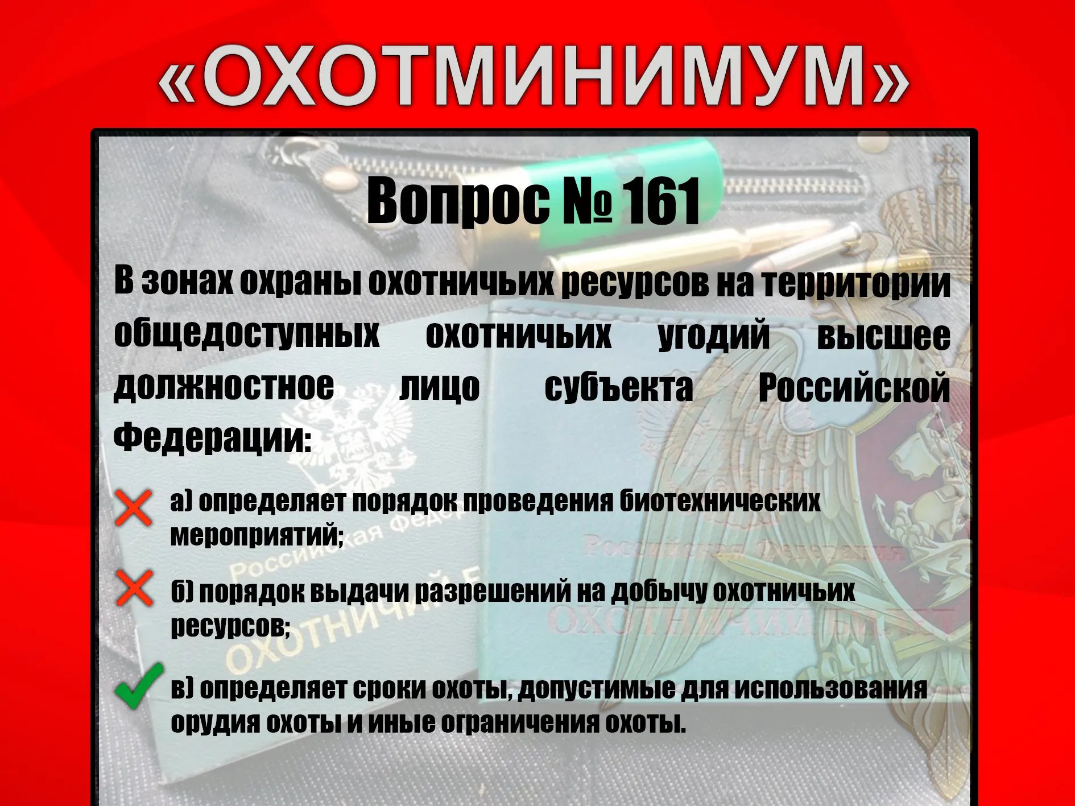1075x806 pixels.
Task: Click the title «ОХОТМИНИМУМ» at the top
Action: (x=534, y=76)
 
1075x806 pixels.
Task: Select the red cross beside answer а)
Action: (x=134, y=507)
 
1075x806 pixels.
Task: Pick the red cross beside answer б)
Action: (x=134, y=588)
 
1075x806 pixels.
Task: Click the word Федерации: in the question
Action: (x=213, y=438)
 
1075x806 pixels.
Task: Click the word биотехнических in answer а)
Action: (x=720, y=501)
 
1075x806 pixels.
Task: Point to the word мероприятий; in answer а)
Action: (x=257, y=535)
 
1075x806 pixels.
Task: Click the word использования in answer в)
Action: (x=830, y=689)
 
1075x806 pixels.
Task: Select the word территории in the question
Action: (x=856, y=283)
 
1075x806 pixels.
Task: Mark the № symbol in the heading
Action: (x=588, y=202)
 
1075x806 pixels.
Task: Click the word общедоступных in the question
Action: (x=246, y=334)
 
